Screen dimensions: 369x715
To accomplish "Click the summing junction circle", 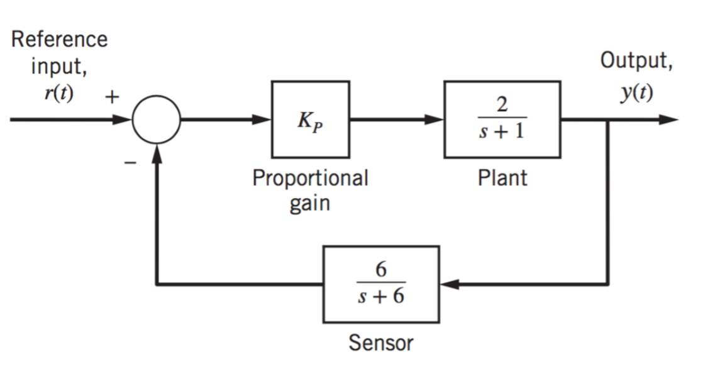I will (157, 119).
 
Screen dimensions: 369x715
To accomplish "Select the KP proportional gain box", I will (311, 119).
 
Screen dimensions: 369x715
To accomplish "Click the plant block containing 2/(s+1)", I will (502, 119).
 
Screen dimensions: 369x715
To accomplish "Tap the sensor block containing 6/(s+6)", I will (381, 284).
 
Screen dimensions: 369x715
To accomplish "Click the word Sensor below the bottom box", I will (381, 343).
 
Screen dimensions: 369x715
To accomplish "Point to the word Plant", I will (502, 179).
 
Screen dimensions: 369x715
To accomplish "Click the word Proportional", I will (310, 179).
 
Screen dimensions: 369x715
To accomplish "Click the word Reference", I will (60, 39).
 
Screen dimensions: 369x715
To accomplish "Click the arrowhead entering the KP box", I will (263, 119).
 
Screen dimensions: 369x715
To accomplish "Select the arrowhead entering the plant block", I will (436, 119).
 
